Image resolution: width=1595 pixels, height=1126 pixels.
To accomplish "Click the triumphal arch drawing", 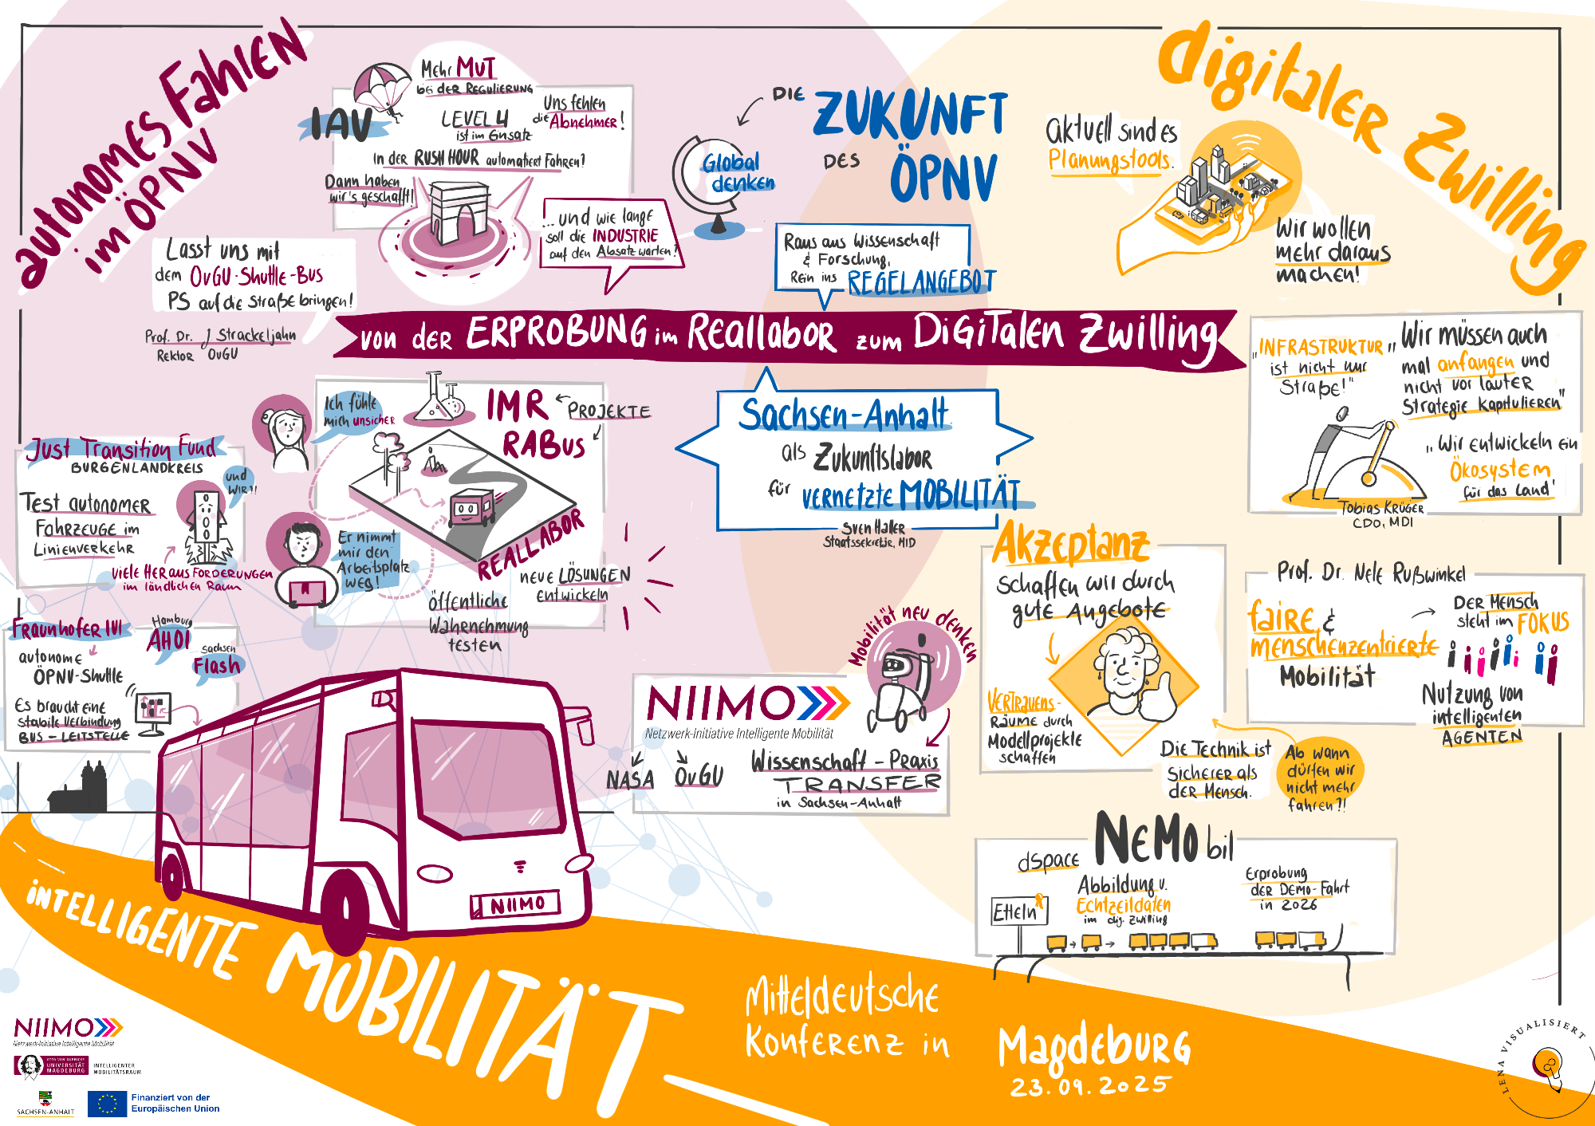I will [458, 211].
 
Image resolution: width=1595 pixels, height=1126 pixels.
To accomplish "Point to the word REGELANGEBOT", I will [921, 282].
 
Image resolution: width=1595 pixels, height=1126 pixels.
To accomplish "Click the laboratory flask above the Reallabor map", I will [435, 399].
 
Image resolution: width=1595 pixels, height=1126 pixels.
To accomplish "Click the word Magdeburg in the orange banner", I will [1093, 1045].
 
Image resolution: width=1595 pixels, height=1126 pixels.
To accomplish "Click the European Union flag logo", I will [107, 1104].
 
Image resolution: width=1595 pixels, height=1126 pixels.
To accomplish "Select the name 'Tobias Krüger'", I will [1381, 508].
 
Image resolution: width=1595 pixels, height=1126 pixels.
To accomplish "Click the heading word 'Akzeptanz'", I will [1070, 545].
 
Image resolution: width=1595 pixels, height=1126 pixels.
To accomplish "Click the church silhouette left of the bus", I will [81, 789].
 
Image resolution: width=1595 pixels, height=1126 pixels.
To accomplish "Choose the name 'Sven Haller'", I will [873, 528].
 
